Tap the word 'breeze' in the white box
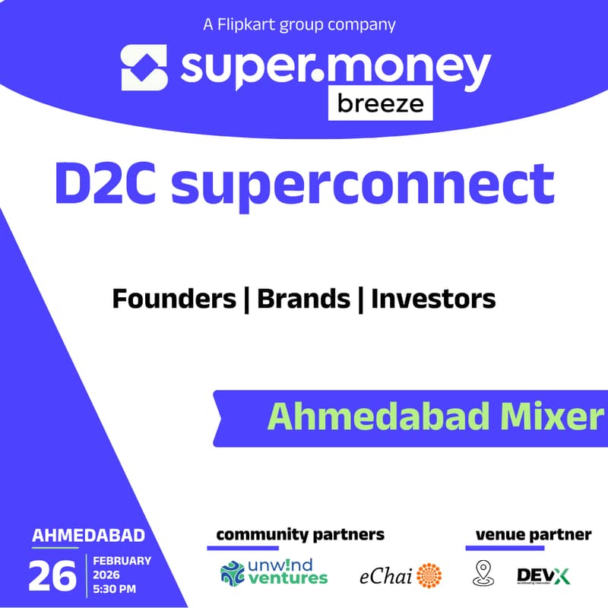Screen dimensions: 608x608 381,103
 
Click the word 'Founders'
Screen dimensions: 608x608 174,299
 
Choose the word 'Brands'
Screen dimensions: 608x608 303,299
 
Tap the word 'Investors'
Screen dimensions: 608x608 433,299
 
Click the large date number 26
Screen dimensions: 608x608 52,576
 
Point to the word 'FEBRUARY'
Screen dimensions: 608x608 122,561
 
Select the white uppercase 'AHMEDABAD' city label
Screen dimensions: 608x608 88,536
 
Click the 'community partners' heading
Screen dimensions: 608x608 300,534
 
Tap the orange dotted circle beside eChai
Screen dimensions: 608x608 429,575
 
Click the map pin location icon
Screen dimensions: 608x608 483,574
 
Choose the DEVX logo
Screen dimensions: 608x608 543,575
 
